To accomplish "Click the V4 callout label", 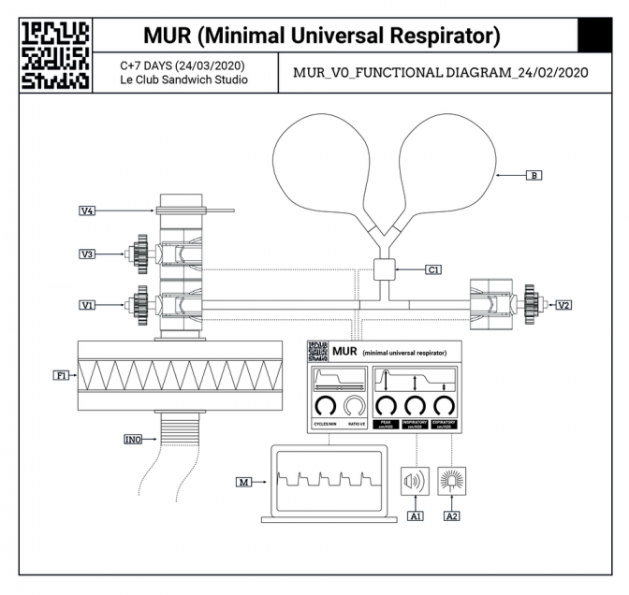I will click(x=87, y=211).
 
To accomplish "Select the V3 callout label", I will click(x=87, y=253).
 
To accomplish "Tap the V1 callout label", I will click(x=87, y=304).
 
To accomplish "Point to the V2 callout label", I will click(x=563, y=304).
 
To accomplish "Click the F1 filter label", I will click(x=61, y=375).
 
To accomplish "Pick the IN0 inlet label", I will click(x=133, y=438).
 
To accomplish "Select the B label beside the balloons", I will click(x=534, y=174).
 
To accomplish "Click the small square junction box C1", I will click(x=385, y=269).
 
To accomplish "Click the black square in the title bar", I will click(x=595, y=36).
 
